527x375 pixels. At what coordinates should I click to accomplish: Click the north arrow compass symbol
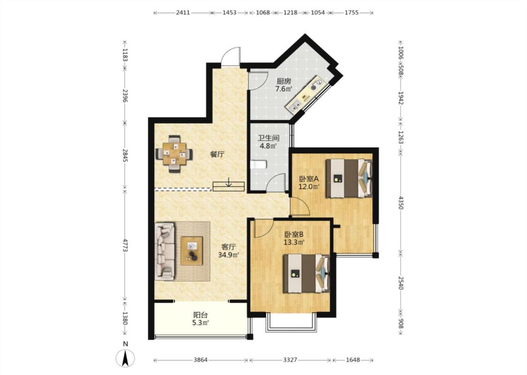coord(126,358)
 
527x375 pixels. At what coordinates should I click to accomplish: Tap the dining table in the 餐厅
coord(174,154)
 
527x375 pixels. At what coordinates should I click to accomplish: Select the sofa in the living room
coord(165,251)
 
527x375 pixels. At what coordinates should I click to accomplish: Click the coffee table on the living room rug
coord(192,251)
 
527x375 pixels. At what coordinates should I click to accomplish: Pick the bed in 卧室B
coord(306,273)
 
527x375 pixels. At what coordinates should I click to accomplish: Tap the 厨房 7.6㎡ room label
coord(284,85)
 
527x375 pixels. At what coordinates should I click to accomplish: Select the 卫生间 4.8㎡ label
coord(268,142)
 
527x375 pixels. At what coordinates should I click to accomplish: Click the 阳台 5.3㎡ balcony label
coord(200,319)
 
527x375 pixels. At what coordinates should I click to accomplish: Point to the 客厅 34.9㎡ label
coord(228,251)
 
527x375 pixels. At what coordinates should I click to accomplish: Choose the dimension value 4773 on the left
coord(125,246)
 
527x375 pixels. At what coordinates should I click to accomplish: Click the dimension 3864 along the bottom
coord(200,360)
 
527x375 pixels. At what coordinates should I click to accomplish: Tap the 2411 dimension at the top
coord(183,13)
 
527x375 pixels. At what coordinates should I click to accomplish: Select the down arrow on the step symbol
coord(229,182)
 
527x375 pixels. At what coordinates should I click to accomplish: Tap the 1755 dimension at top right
coord(351,13)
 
